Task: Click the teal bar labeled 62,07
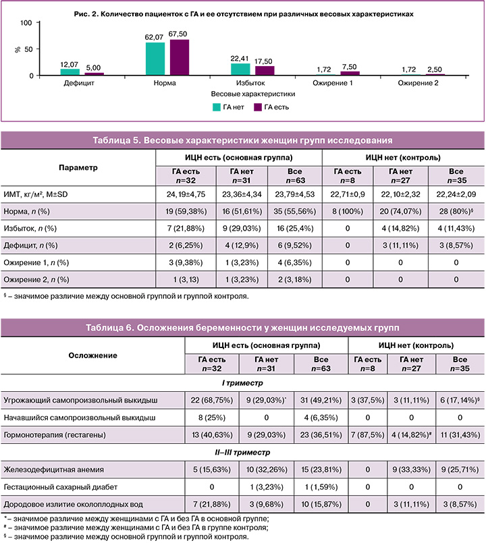(155, 59)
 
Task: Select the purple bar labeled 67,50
(179, 57)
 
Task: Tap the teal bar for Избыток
(240, 68)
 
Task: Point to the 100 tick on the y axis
(26, 23)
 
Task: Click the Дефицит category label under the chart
(80, 84)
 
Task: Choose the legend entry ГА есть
(271, 107)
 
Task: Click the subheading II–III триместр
(242, 450)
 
